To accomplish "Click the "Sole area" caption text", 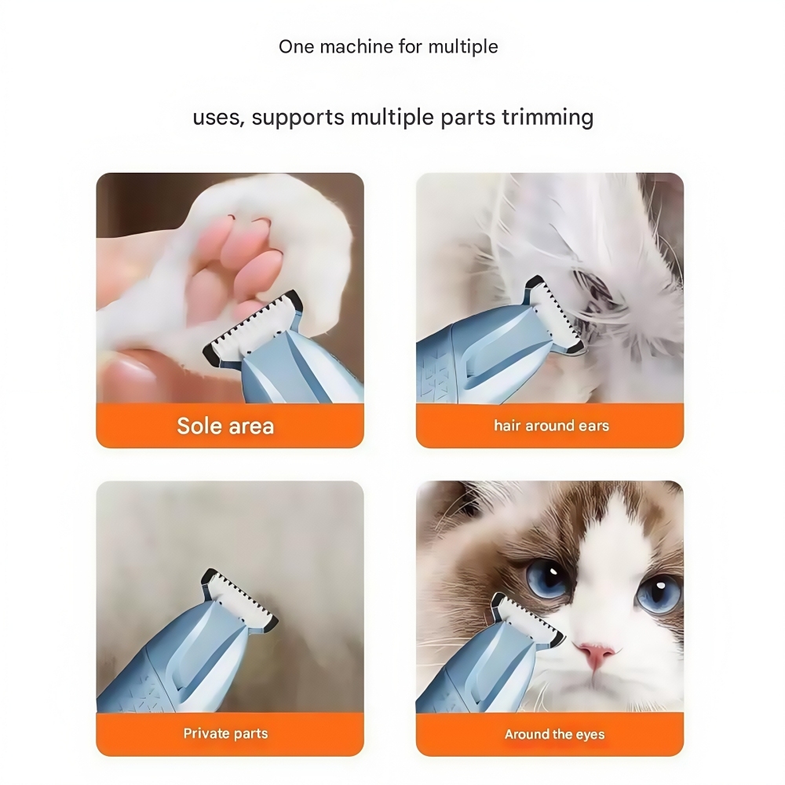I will click(225, 426).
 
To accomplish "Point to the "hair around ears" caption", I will click(551, 426).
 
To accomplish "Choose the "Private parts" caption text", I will click(225, 734).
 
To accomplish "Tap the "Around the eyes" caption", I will click(554, 735).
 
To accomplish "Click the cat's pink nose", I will click(594, 653).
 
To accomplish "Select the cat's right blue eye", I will click(658, 593).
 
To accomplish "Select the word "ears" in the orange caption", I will click(593, 426).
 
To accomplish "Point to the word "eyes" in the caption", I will click(590, 735).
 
